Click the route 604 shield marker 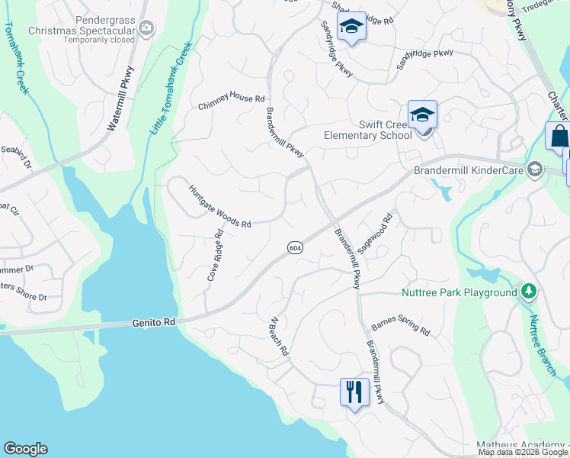pos(294,247)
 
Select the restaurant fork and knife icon pos(354,392)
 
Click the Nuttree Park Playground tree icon pos(527,292)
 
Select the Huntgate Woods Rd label pos(219,207)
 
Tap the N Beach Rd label pos(277,337)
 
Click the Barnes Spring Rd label pos(400,327)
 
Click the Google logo pos(25,449)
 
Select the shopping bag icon pos(559,137)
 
